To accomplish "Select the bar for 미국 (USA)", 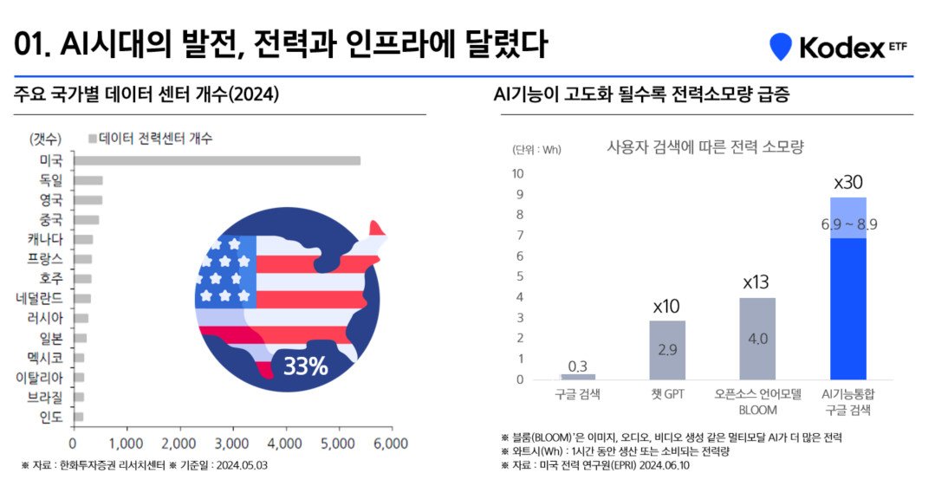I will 216,160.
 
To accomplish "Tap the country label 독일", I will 51,180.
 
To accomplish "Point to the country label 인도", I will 51,418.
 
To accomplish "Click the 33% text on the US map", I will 305,366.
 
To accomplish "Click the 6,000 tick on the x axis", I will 390,444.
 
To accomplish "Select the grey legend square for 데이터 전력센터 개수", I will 92,139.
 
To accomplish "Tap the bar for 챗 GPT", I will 667,350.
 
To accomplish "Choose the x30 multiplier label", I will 848,183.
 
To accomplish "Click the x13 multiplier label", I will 756,282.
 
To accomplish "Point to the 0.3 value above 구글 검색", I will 578,366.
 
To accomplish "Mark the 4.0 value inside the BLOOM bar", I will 757,339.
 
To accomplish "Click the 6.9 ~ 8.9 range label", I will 848,224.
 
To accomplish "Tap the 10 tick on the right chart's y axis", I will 517,173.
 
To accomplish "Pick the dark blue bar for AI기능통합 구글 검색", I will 848,308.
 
